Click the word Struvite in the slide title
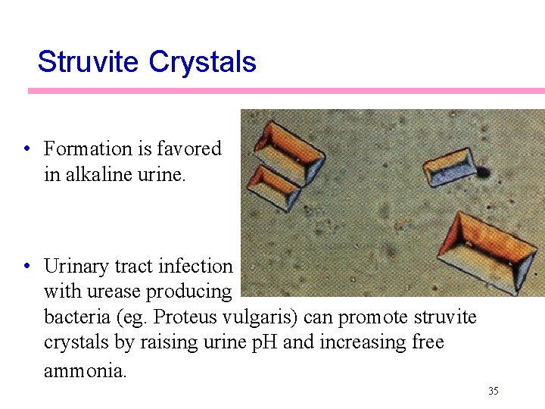(89, 62)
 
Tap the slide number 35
(494, 391)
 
